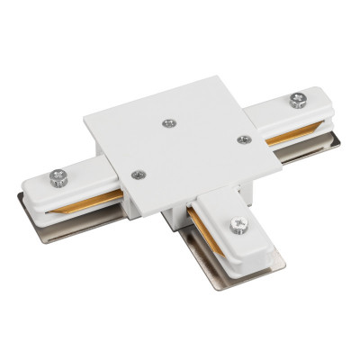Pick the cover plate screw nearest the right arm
[242, 139]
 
